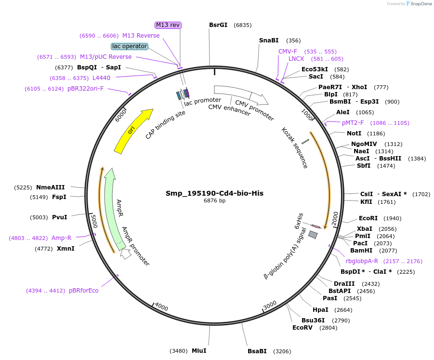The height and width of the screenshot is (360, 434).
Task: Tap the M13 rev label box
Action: point(168,25)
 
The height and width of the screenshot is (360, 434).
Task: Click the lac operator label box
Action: point(129,46)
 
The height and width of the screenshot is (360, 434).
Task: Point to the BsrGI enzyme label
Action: point(218,25)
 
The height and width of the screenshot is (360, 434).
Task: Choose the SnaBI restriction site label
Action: point(269,40)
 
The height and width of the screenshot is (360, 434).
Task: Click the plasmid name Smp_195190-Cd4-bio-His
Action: point(214,193)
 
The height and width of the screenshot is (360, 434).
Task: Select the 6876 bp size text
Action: point(214,201)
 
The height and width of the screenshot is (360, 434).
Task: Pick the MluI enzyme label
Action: point(199,350)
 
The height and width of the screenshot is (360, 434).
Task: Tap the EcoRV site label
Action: point(302,328)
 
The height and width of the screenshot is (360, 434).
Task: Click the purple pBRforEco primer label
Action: point(83,291)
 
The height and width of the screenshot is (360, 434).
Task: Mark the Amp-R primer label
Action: point(61,238)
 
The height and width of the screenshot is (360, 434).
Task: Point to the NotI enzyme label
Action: point(354,133)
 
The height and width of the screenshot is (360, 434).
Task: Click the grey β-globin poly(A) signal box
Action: point(313,235)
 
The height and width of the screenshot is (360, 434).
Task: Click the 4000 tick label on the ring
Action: point(161,307)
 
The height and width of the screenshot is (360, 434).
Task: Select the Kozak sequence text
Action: point(294,147)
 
